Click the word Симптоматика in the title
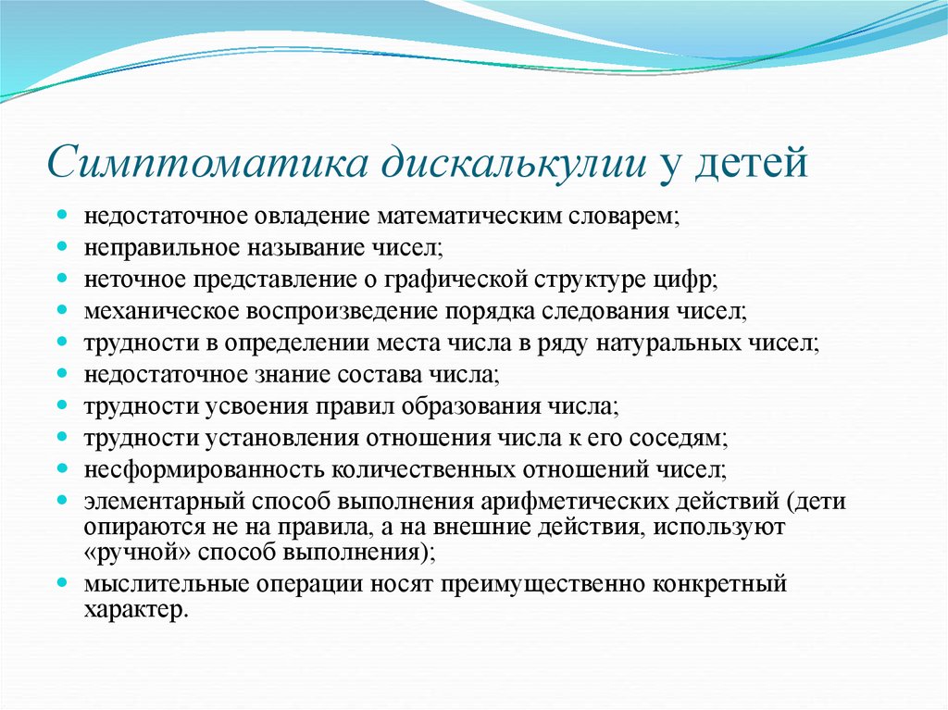(x=207, y=163)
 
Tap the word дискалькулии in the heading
(x=515, y=163)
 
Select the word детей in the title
(x=751, y=163)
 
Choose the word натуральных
(x=668, y=343)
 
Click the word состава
(x=381, y=374)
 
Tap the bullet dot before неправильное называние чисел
(x=62, y=246)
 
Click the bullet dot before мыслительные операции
(x=62, y=583)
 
